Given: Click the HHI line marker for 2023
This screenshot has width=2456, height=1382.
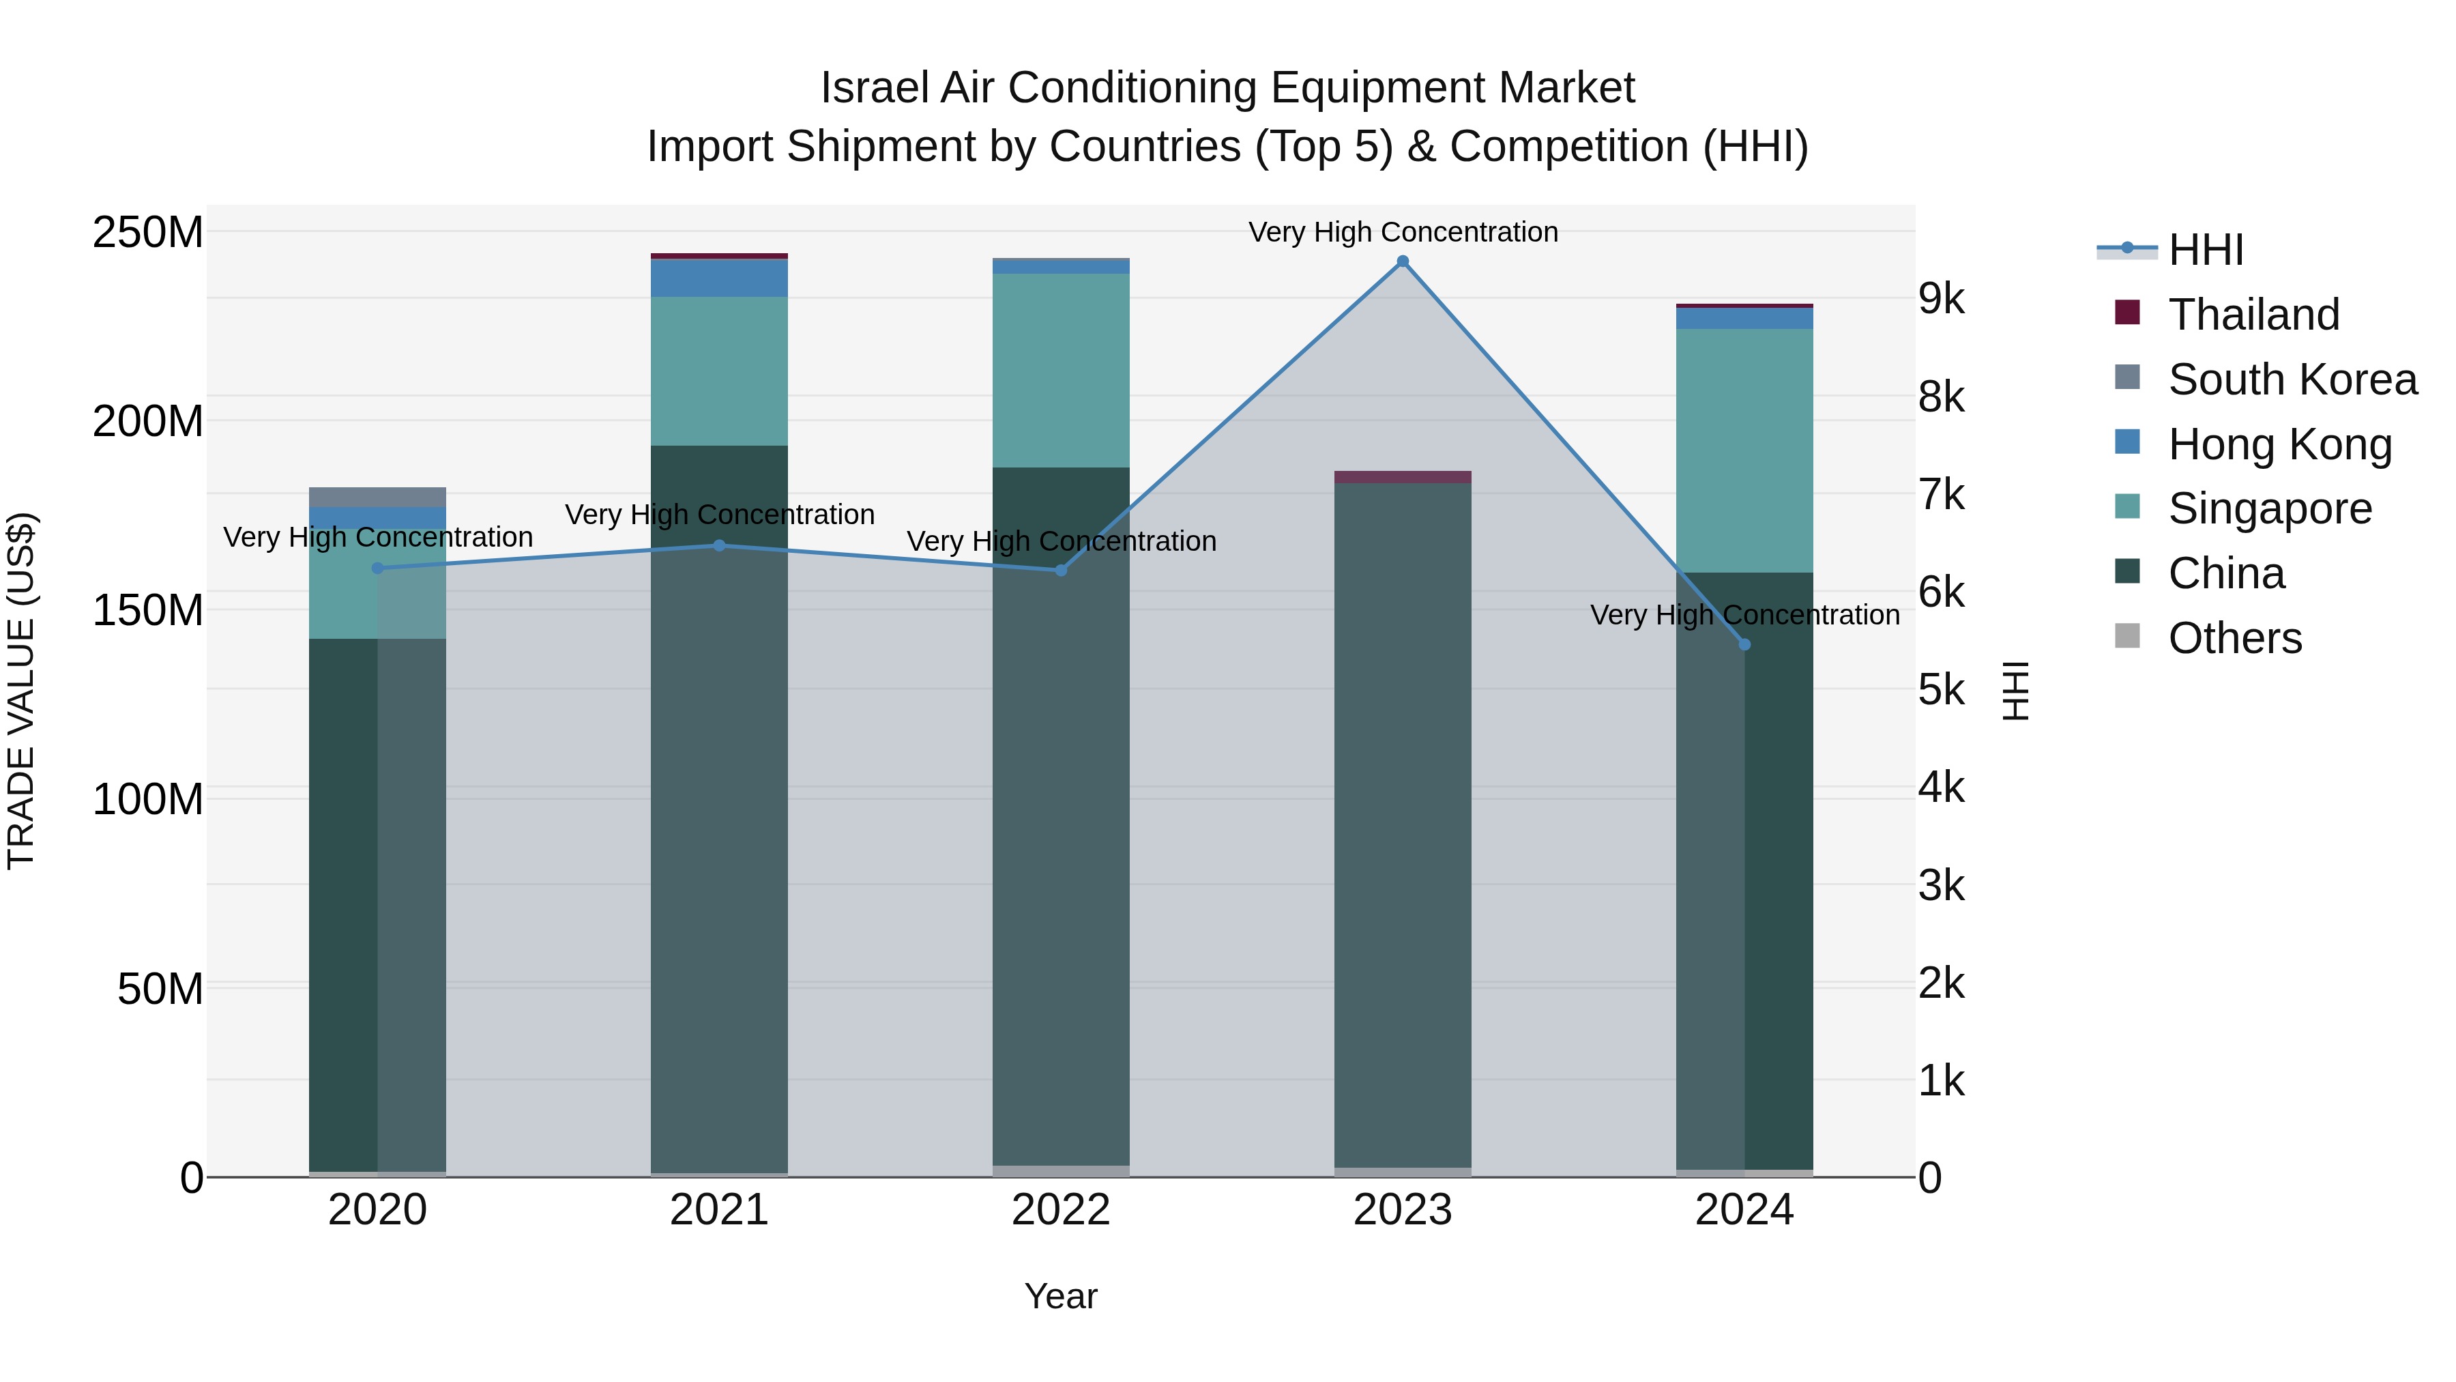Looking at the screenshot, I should click(1403, 261).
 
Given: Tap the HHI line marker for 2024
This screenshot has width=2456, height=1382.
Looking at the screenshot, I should click(1744, 645).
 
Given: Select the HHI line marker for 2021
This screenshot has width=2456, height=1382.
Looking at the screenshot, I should click(720, 545).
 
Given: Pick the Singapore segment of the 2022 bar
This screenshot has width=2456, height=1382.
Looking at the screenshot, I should click(1061, 370).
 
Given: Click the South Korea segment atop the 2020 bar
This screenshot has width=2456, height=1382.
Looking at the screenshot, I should click(377, 497).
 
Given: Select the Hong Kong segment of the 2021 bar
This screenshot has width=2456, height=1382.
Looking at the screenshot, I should click(720, 278).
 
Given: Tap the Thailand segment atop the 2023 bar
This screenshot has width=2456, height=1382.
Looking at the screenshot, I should click(1403, 477).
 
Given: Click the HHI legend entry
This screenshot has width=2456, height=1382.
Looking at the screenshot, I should click(2204, 250).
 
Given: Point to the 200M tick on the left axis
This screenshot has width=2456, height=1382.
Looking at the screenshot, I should click(148, 420).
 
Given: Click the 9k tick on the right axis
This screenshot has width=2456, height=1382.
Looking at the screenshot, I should click(1941, 300).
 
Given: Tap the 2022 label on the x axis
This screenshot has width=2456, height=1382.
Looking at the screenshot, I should click(1061, 1210).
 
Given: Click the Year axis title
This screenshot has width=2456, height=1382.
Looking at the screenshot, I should click(1061, 1296).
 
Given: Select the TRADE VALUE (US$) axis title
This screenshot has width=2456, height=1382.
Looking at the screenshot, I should click(21, 691).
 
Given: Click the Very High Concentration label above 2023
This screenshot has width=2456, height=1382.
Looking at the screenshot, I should click(1403, 232).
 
